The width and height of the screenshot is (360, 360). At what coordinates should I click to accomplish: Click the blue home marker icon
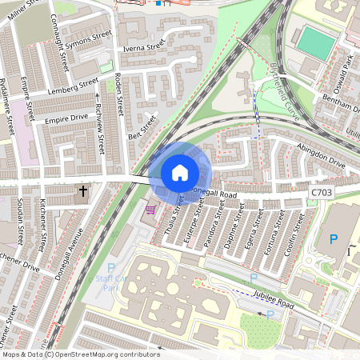pos(180,173)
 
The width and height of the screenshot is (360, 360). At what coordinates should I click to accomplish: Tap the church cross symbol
pos(83,192)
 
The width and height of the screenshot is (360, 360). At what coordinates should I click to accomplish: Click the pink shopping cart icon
pos(150,210)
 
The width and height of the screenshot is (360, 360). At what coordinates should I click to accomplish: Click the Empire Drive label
pos(66,119)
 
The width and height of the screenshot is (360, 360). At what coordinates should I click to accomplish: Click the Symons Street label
pos(88,37)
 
